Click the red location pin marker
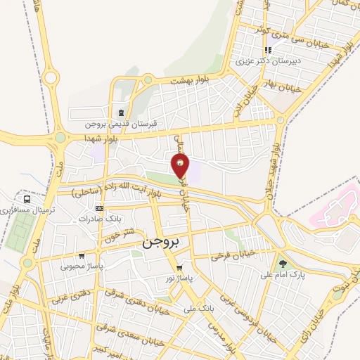[181, 165]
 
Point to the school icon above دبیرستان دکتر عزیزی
[267, 51]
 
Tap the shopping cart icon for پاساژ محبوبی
[82, 256]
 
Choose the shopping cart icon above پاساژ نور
[180, 268]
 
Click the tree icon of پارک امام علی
[282, 264]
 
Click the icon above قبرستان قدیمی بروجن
[122, 112]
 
